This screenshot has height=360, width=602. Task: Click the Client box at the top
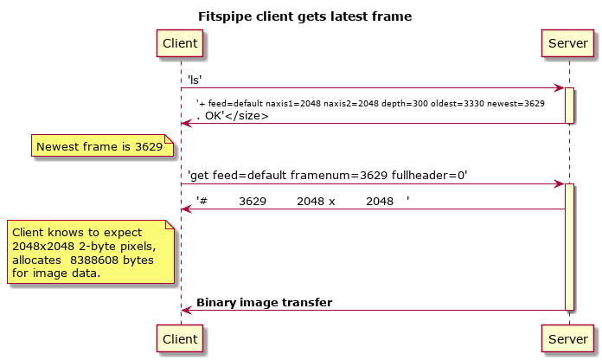pos(180,43)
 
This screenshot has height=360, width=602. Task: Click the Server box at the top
pos(567,43)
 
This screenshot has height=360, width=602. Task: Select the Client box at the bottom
pos(180,339)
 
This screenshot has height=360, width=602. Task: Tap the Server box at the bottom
pos(567,339)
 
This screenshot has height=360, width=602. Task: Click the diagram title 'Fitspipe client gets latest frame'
pos(304,16)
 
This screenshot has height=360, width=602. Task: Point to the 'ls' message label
pos(195,80)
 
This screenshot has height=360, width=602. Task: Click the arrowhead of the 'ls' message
pos(559,88)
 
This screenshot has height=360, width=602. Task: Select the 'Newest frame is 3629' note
pos(103,145)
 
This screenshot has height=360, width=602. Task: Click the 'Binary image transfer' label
pos(265,302)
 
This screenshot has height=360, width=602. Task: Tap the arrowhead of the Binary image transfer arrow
pos(187,310)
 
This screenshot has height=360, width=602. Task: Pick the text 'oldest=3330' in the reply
pos(458,104)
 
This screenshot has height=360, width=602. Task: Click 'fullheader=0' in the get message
pos(429,175)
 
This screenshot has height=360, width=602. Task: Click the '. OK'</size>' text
pos(233,116)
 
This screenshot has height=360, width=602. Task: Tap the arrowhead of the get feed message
pos(559,184)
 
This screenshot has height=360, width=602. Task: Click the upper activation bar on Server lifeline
pos(569,106)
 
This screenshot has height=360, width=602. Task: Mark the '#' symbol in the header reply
pos(203,201)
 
